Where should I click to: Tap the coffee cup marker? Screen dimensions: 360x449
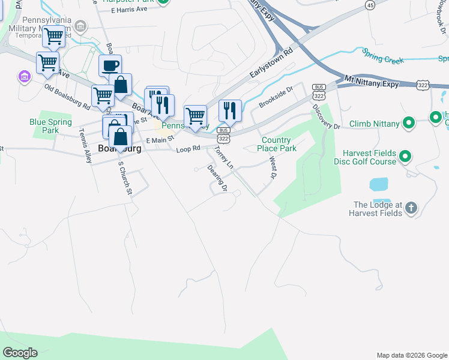point(110,65)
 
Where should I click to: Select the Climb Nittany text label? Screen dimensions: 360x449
point(374,124)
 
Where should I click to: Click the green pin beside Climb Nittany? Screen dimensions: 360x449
point(409,124)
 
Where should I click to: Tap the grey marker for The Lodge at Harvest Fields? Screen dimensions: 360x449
point(411,208)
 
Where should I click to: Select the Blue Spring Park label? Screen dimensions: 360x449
point(51,126)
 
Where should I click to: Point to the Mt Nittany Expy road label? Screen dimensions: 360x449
point(372,81)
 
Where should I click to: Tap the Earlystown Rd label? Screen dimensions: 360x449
point(271,64)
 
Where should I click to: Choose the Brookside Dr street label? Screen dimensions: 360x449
point(276,96)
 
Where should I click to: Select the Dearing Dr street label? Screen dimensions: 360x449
point(217,178)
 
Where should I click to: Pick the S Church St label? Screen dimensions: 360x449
point(124,177)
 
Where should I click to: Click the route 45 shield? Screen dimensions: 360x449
point(370,5)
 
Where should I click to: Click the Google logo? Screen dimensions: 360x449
point(20,353)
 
